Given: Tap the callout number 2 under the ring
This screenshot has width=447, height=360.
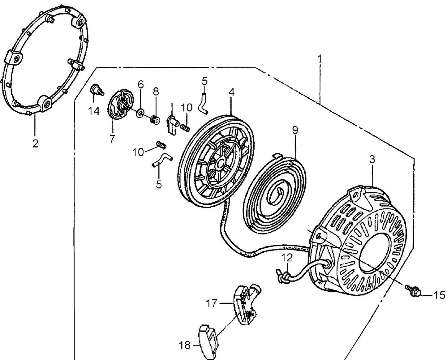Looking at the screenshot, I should click(35, 143).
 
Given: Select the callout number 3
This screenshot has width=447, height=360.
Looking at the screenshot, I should click(372, 160).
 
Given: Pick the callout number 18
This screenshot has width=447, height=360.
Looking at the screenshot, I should click(185, 345).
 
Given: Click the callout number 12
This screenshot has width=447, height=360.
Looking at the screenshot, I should click(287, 257).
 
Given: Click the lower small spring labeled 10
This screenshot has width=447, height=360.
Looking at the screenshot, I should click(161, 144).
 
